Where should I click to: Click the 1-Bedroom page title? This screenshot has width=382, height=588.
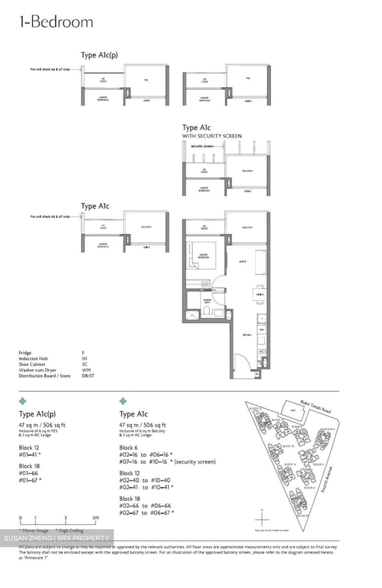click(56, 22)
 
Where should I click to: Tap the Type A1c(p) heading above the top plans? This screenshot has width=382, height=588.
click(99, 55)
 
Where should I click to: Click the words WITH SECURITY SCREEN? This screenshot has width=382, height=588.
click(212, 136)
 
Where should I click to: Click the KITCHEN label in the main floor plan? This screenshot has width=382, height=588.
click(247, 334)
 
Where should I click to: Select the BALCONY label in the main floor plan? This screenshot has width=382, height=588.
click(247, 227)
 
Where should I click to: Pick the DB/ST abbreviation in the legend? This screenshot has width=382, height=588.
click(88, 376)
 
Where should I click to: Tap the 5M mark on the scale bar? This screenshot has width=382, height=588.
click(95, 518)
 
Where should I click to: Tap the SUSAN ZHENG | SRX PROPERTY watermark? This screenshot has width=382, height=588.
click(57, 538)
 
